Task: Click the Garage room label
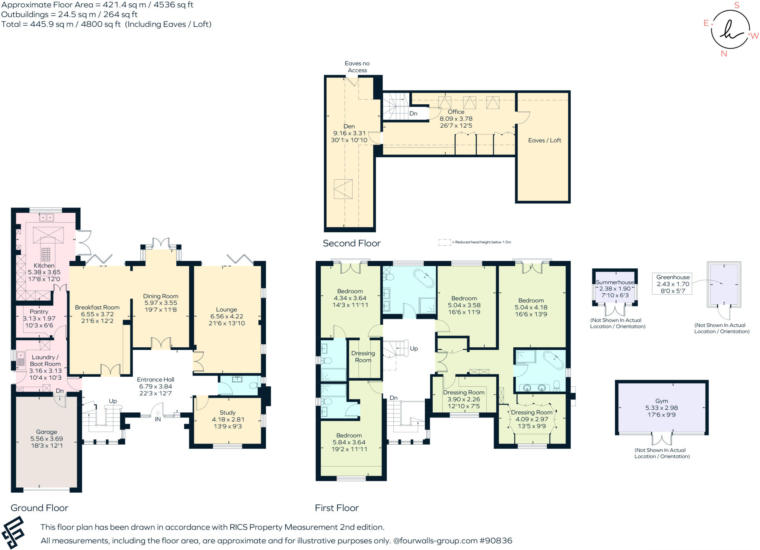click(46, 432)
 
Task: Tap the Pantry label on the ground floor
click(39, 312)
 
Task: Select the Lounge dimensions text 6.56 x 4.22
click(226, 317)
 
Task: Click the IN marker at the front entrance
click(158, 419)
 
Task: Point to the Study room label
click(227, 413)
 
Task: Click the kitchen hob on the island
click(46, 255)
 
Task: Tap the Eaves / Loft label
click(544, 140)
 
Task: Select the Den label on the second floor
click(349, 127)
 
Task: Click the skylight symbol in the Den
click(343, 189)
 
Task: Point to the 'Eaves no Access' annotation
click(357, 67)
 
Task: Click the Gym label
click(661, 401)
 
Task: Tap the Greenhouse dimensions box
click(672, 284)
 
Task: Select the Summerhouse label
click(615, 282)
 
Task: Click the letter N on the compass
click(724, 54)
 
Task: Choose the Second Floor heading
click(351, 243)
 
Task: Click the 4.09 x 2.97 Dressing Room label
click(531, 419)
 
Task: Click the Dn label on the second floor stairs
click(413, 114)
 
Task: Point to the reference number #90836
click(496, 541)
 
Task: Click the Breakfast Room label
click(97, 307)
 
